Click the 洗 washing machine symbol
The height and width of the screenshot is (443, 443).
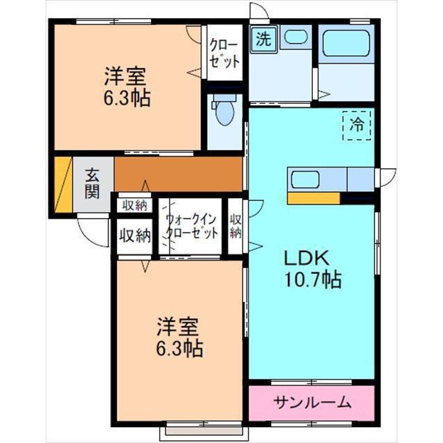pos(264,39)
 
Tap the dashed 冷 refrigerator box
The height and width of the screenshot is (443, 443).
pos(356,125)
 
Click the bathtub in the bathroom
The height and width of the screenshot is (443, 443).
pos(346,43)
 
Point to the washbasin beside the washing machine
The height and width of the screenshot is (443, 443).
pos(296,37)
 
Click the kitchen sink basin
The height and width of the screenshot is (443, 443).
pos(305,180)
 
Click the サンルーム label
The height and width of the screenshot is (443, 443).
pos(313,402)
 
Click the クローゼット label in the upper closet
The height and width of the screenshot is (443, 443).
pos(224,54)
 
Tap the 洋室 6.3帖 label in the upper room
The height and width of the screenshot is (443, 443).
pos(127,87)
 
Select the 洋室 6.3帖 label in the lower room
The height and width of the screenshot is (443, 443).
pos(179,337)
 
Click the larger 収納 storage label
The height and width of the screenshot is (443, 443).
pos(134,235)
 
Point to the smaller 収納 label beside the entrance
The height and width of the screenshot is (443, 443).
pos(135,206)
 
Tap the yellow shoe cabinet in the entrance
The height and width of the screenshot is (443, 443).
pos(64,185)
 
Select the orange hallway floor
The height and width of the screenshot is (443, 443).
pos(179,174)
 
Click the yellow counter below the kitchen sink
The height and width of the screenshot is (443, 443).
pos(314,198)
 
